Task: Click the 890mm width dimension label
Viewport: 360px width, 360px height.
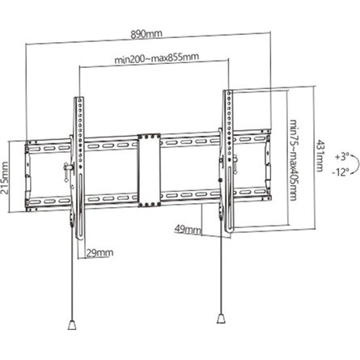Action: pyautogui.click(x=146, y=34)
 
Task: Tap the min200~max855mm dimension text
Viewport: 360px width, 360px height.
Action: pyautogui.click(x=157, y=57)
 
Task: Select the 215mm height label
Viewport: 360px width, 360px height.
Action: pyautogui.click(x=5, y=178)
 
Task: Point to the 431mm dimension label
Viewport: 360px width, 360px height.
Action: pyautogui.click(x=320, y=155)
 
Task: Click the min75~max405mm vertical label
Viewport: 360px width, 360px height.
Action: pyautogui.click(x=294, y=159)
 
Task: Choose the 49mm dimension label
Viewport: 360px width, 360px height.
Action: pyautogui.click(x=188, y=230)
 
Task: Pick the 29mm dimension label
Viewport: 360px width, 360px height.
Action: pyautogui.click(x=100, y=252)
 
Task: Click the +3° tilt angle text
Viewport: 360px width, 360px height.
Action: pyautogui.click(x=342, y=157)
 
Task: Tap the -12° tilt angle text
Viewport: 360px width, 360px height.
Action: pyautogui.click(x=341, y=172)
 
